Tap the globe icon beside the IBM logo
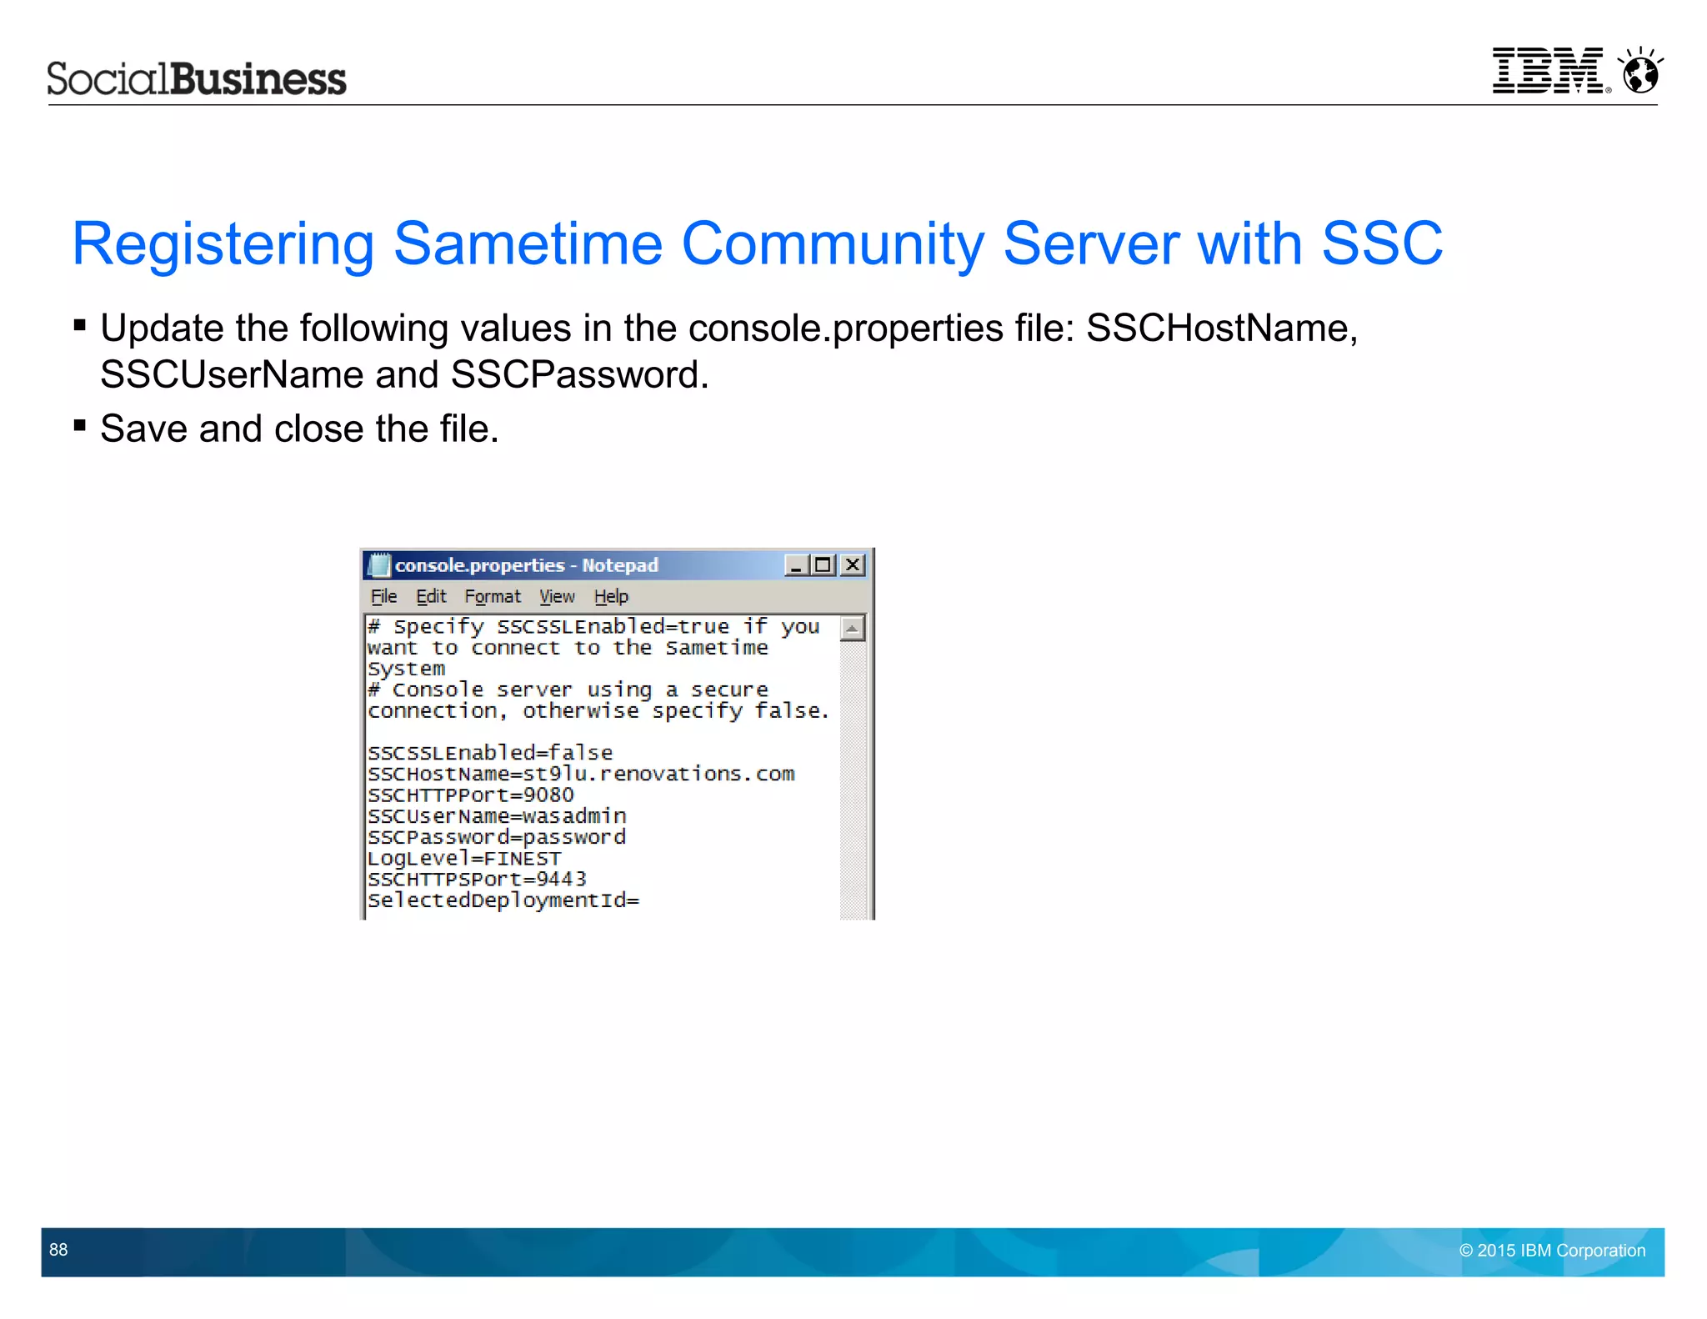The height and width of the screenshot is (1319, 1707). coord(1641,72)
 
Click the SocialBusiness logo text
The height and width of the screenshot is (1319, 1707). coord(197,79)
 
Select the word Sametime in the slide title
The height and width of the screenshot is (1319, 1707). coord(528,243)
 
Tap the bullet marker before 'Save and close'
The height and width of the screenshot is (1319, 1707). coord(80,426)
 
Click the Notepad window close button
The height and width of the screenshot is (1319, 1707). coord(853,565)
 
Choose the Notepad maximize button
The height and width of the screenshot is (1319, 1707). coord(823,565)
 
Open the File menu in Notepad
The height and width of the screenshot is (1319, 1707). coord(383,596)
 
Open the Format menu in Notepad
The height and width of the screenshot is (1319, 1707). coord(492,596)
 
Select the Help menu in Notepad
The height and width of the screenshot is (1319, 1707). coord(611,596)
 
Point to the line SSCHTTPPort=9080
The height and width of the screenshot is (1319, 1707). coord(471,795)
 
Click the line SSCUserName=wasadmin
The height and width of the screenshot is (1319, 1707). coord(497,815)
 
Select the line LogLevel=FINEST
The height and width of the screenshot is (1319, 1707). coord(464,858)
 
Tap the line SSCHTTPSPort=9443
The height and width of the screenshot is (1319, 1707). coord(477,879)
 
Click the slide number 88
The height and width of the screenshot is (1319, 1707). coord(58,1249)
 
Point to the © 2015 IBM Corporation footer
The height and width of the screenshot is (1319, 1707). coord(1552,1250)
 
